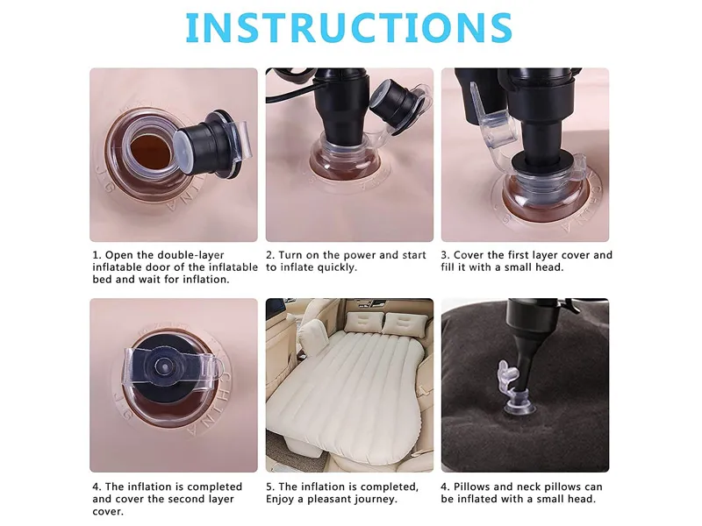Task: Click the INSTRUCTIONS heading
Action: click(x=349, y=28)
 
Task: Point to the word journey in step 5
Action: click(x=374, y=499)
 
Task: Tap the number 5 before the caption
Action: click(x=269, y=487)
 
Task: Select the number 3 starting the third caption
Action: click(x=445, y=255)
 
